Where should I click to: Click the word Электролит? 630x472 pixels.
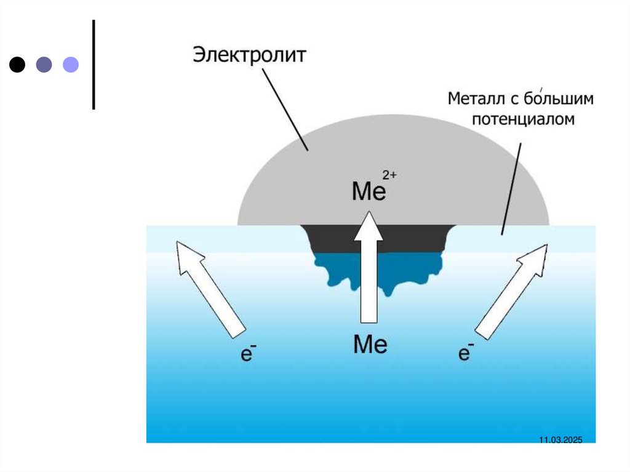[x=249, y=55]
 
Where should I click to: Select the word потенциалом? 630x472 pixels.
[x=523, y=119]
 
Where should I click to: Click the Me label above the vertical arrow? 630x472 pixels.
[x=368, y=191]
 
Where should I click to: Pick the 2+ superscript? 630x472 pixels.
[x=390, y=175]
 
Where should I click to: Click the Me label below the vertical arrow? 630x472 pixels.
[x=370, y=344]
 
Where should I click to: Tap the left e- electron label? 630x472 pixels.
[x=247, y=354]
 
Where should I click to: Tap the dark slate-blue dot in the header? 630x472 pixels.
[x=44, y=64]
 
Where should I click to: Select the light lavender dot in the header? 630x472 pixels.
[x=71, y=64]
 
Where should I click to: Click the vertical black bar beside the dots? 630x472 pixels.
[x=94, y=64]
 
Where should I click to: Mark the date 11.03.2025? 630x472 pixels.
[x=560, y=439]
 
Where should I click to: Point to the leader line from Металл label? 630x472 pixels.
[x=512, y=188]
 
